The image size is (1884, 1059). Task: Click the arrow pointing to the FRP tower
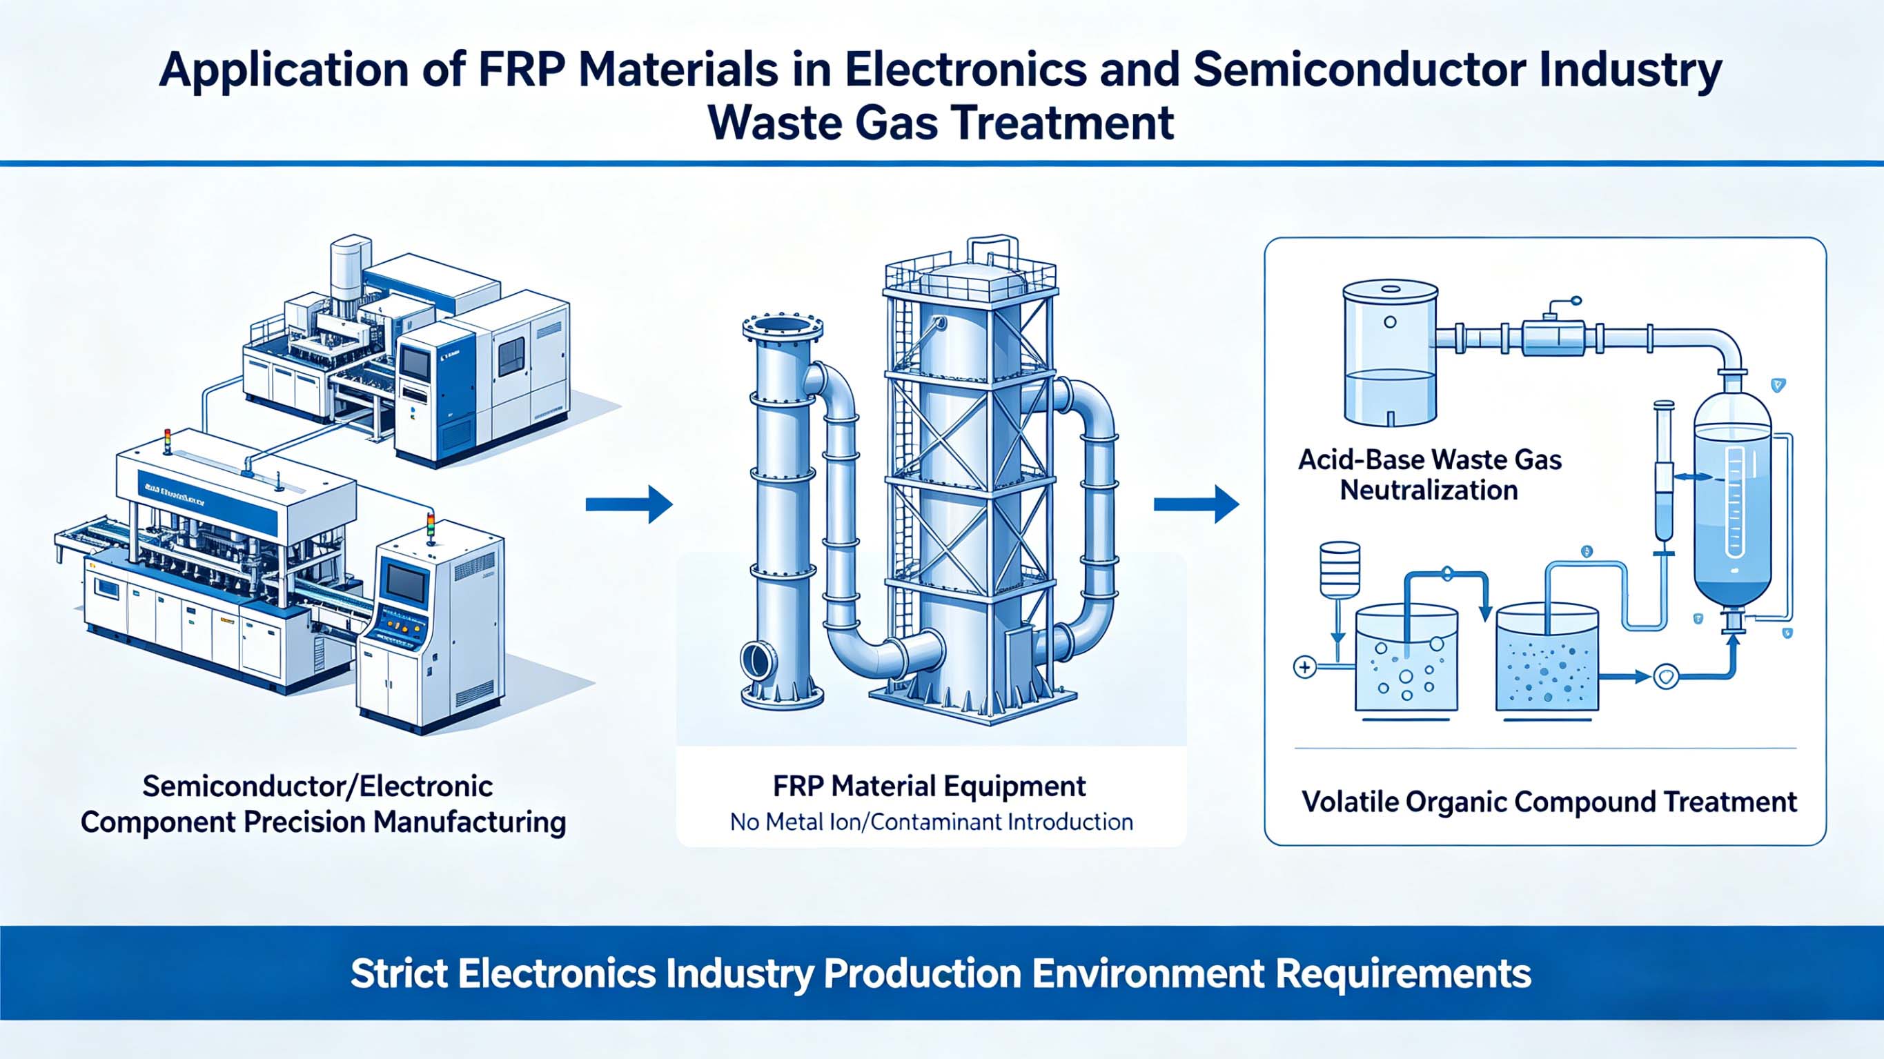click(629, 504)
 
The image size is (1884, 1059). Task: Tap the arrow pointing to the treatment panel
click(1197, 504)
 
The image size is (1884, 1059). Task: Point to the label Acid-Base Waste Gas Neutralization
click(1430, 475)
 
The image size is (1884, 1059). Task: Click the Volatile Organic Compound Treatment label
click(1549, 802)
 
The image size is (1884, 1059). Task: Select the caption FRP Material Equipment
click(929, 786)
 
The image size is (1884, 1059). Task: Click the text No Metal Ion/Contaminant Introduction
click(931, 822)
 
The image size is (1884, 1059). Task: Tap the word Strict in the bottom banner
click(400, 973)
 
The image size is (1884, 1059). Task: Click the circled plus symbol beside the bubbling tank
click(1305, 667)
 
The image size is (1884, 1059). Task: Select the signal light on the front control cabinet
click(430, 528)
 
